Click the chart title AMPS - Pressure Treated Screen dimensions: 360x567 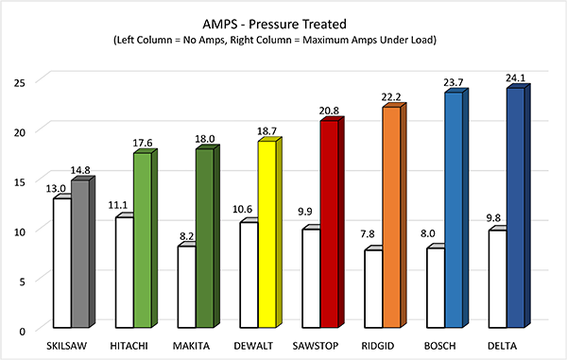[283, 21]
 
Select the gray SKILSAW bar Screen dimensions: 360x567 [79, 255]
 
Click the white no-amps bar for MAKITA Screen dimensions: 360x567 [185, 288]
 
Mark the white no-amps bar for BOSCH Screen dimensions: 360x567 [437, 289]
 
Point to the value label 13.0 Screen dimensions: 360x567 [59, 188]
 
